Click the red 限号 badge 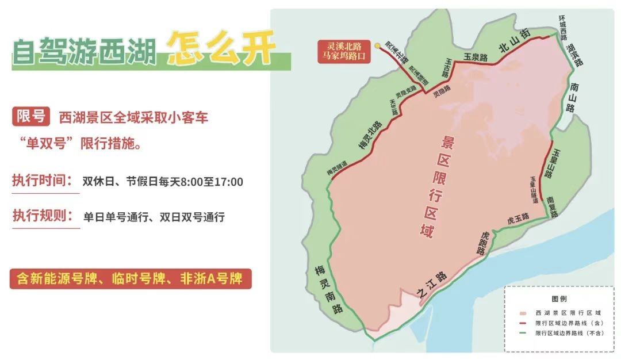click(x=30, y=117)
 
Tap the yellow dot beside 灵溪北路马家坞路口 click(x=376, y=45)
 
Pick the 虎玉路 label click(x=517, y=219)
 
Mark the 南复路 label click(x=553, y=205)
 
